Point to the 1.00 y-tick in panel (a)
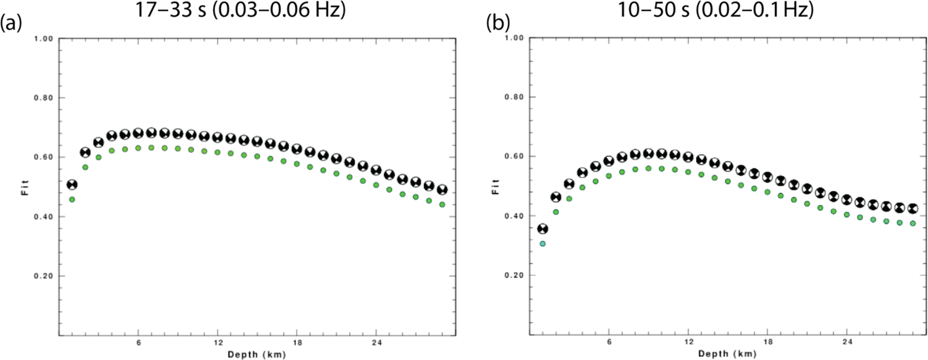(44, 39)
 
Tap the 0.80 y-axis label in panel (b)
(515, 97)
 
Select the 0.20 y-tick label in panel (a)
(44, 276)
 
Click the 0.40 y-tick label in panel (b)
(515, 216)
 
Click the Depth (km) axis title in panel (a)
(256, 355)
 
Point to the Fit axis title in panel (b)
(496, 186)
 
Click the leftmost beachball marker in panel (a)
(72, 184)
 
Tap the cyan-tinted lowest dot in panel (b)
(542, 244)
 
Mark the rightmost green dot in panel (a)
(442, 205)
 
